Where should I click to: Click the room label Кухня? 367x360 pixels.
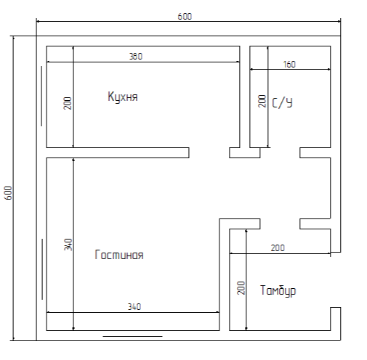(x=123, y=97)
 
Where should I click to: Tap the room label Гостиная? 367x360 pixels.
(x=119, y=255)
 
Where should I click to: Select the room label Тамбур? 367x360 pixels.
(x=278, y=290)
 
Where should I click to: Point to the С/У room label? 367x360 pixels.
(x=282, y=103)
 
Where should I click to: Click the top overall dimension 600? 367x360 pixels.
(x=185, y=17)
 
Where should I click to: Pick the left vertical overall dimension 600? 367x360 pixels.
(x=8, y=193)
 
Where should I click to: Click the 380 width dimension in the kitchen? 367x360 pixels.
(x=136, y=57)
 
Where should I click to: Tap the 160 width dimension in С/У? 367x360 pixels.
(x=289, y=65)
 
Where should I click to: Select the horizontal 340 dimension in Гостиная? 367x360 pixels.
(x=134, y=307)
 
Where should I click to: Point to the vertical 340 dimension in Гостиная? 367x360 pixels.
(x=68, y=245)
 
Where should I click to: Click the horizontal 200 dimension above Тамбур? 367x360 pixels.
(x=278, y=248)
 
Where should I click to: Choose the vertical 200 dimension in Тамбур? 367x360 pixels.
(x=241, y=288)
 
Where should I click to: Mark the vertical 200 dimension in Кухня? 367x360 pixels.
(x=68, y=103)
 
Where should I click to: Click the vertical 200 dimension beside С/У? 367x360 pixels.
(x=262, y=101)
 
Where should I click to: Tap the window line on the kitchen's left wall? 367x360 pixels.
(x=41, y=96)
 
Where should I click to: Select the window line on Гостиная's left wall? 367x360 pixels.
(x=42, y=269)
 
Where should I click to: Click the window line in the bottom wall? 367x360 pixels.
(x=132, y=336)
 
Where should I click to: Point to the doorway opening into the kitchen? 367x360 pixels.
(x=209, y=152)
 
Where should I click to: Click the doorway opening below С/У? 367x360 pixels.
(x=280, y=152)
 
